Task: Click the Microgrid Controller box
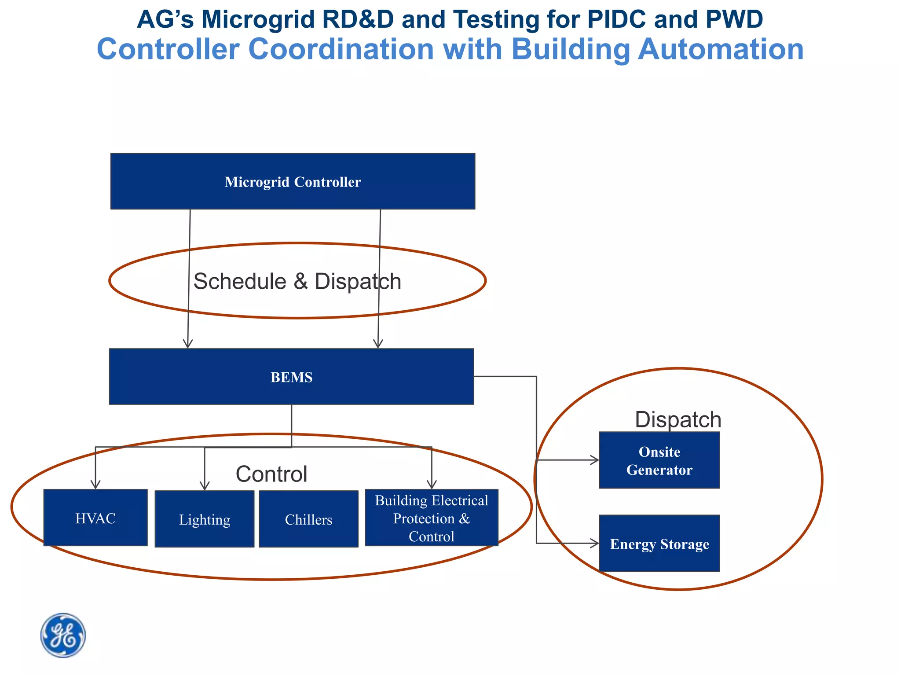(x=293, y=181)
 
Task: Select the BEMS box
(x=291, y=377)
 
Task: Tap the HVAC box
(x=95, y=518)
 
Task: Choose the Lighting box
(x=205, y=519)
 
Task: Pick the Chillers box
(x=308, y=519)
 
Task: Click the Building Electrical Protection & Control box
(x=432, y=518)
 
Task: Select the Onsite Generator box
(x=659, y=460)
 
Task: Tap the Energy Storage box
(x=659, y=544)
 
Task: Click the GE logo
(x=63, y=636)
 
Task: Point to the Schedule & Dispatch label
(x=297, y=281)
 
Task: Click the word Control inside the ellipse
(x=271, y=474)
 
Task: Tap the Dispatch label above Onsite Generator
(x=678, y=419)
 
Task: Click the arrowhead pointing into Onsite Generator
(x=595, y=460)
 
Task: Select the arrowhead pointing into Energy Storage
(x=595, y=544)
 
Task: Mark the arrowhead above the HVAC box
(x=95, y=485)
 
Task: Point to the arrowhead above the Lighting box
(x=205, y=486)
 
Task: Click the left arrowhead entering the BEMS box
(x=188, y=344)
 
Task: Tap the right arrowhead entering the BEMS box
(x=378, y=344)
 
